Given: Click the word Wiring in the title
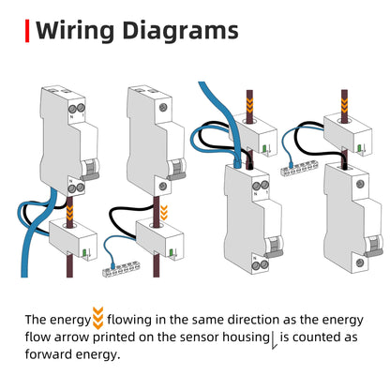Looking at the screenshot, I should point(77,31).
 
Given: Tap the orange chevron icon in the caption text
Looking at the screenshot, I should point(98,320).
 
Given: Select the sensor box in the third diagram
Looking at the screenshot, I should point(251,142).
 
